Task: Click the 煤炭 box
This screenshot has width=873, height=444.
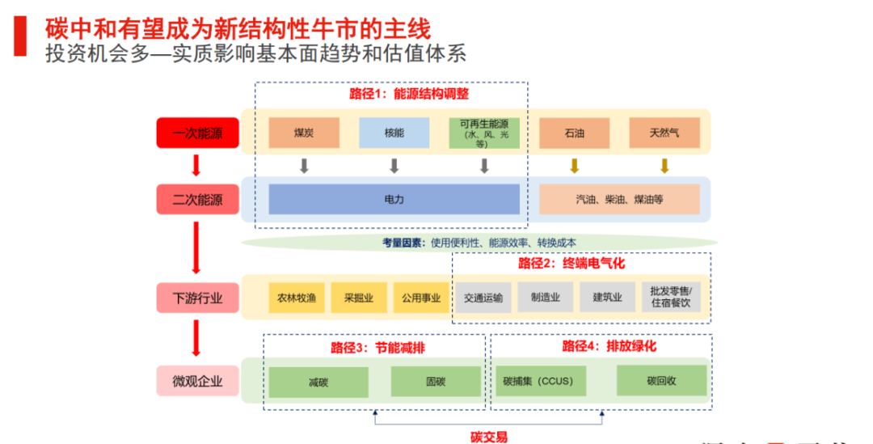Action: coord(304,133)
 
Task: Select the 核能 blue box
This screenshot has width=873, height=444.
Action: coord(394,133)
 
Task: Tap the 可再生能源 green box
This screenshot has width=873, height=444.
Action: coord(483,133)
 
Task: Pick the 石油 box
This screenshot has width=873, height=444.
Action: coord(574,133)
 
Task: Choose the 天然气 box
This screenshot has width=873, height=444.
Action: coord(664,133)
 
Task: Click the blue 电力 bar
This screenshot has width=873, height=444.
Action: coord(394,199)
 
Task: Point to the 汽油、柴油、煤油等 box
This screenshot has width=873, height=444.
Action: coord(619,199)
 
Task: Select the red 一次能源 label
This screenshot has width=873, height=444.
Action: coord(197,133)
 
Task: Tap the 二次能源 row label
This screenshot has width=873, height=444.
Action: coord(197,199)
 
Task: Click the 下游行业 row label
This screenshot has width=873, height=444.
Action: coord(197,298)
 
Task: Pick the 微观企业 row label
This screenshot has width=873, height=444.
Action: coord(197,381)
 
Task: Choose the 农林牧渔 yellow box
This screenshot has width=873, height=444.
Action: coord(297,298)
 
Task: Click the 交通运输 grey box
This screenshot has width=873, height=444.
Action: coord(483,298)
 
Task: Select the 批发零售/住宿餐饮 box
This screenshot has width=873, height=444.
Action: coord(671,298)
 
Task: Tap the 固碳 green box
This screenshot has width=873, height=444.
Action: coord(436,382)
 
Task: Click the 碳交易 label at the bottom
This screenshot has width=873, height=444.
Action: coord(489,437)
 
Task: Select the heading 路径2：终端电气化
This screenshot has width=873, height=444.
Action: coord(571,263)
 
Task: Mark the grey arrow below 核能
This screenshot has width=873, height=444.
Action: coord(394,166)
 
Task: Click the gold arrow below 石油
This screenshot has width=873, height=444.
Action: coord(574,166)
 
